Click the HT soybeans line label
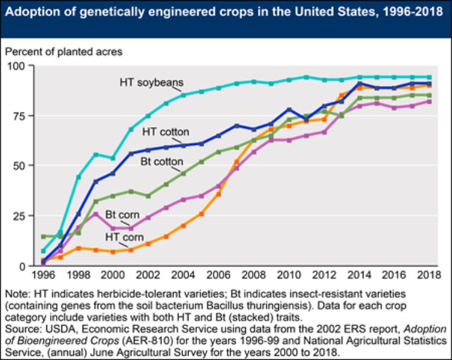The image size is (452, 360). [151, 82]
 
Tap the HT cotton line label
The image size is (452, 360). [166, 132]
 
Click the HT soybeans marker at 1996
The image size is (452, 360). [43, 251]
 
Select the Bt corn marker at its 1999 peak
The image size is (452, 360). [95, 214]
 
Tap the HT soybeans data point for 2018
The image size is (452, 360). [429, 77]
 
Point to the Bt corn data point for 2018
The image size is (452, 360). [429, 102]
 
